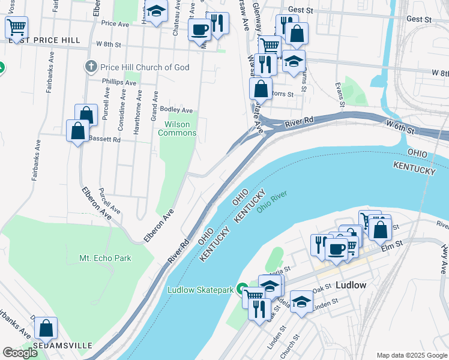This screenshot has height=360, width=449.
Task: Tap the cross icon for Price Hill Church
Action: click(91, 67)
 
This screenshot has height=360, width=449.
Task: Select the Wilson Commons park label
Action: click(177, 128)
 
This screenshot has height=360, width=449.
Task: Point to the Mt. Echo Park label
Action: click(105, 258)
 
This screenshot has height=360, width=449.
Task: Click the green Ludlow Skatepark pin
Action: click(243, 290)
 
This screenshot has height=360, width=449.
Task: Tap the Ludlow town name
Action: click(351, 285)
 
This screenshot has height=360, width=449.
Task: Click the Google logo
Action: click(20, 353)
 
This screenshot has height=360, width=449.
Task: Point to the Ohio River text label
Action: click(273, 202)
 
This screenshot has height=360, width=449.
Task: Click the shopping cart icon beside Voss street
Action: click(17, 26)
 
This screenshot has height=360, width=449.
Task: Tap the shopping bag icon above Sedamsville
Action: click(46, 328)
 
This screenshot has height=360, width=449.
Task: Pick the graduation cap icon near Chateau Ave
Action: click(156, 12)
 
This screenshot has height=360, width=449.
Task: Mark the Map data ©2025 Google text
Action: click(411, 355)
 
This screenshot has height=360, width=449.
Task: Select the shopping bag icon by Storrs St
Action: click(260, 89)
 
